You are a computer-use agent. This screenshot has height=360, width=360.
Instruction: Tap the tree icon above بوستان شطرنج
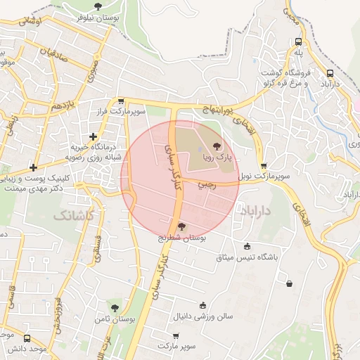[x=182, y=226]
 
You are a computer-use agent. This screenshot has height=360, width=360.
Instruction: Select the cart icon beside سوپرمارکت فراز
[x=121, y=101]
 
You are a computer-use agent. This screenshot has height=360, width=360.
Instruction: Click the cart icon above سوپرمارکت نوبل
[x=264, y=166]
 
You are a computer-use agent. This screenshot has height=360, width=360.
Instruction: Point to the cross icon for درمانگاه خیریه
[x=93, y=136]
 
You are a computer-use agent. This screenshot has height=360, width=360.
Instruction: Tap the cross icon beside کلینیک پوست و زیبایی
[x=33, y=167]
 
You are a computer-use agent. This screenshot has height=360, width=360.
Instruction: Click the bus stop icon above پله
[x=298, y=41]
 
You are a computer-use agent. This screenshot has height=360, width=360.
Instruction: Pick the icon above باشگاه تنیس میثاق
[x=247, y=246]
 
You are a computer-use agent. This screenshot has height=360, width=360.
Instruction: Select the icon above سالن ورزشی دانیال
[x=203, y=305]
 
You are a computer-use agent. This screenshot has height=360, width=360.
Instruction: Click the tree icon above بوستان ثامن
[x=115, y=307]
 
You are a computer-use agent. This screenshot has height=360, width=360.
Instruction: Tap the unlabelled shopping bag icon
[x=290, y=284]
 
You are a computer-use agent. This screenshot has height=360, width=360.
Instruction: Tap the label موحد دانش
[x=27, y=348]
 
